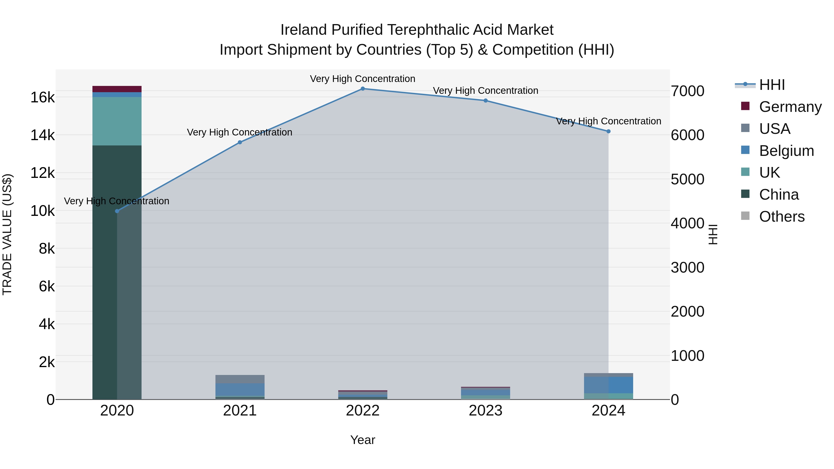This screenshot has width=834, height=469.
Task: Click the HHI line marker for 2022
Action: (x=363, y=89)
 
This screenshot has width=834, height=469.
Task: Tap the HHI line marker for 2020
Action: (x=117, y=211)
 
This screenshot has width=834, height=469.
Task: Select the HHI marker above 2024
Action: (x=608, y=131)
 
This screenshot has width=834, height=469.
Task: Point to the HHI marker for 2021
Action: (x=240, y=142)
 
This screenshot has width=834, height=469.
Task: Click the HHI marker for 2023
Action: (x=486, y=101)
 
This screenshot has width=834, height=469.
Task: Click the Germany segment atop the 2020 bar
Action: (x=117, y=89)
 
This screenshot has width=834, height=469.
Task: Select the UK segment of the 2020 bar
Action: (x=117, y=121)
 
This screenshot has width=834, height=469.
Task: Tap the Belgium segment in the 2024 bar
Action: (x=608, y=385)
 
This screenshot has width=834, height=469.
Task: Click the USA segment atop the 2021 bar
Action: (x=240, y=379)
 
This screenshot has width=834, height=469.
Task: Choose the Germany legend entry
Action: (x=790, y=107)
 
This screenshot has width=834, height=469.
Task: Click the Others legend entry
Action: (x=782, y=217)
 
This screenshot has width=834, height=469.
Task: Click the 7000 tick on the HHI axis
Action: (x=687, y=91)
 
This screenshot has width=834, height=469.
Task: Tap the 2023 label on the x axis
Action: (x=485, y=411)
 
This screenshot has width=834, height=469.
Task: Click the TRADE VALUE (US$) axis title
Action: (x=7, y=234)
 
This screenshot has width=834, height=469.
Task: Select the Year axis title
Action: (x=363, y=440)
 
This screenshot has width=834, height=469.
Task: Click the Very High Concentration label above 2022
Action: (x=363, y=79)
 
